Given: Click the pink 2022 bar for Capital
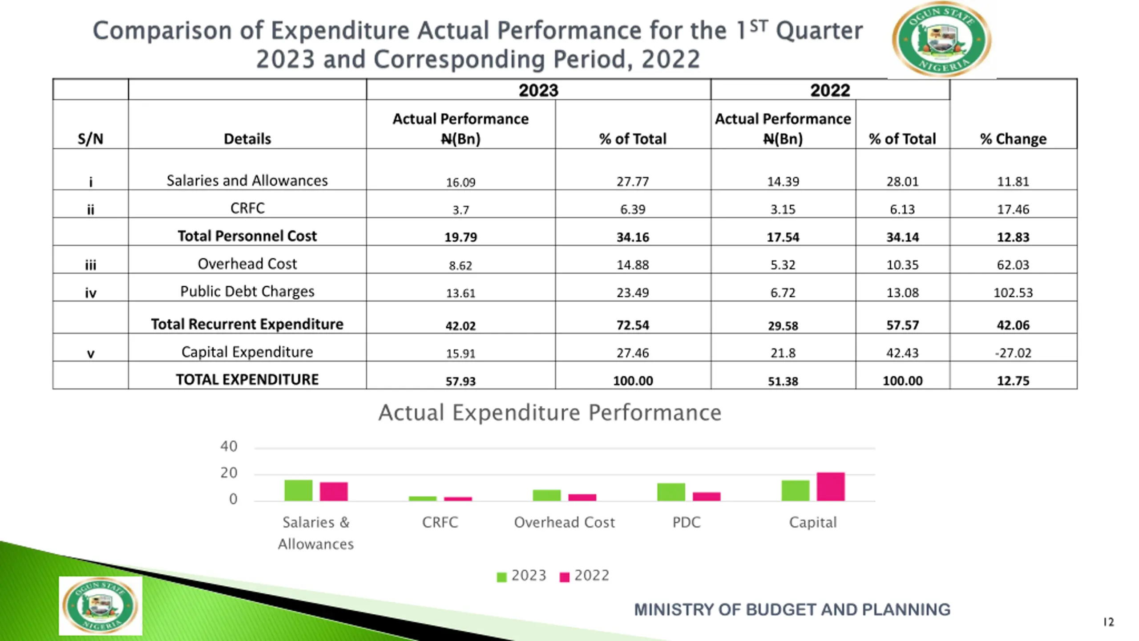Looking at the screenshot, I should (x=831, y=487).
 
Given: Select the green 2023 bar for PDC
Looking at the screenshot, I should (x=671, y=492).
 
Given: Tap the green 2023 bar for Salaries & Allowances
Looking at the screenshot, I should (x=298, y=490).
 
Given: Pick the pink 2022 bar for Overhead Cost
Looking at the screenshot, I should (x=582, y=497).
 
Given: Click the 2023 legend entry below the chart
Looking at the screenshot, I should (x=521, y=576).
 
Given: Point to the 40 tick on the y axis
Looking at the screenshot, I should (x=229, y=446).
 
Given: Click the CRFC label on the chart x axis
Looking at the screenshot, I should (x=440, y=522).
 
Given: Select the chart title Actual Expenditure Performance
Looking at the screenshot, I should (x=549, y=413).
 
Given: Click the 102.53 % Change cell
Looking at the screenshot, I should (x=1013, y=292).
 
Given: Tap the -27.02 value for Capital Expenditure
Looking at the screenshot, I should (x=1013, y=353).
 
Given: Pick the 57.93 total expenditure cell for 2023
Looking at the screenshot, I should (x=460, y=381).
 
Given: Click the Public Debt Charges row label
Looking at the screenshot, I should (x=247, y=292).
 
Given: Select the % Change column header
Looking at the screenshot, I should (x=1013, y=139).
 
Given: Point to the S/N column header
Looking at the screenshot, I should (x=90, y=139).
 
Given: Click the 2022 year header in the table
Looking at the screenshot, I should (x=830, y=90).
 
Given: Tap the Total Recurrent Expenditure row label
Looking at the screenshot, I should (x=247, y=324).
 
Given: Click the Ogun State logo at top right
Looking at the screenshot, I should (x=941, y=39).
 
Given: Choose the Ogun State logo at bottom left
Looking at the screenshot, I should (x=101, y=606).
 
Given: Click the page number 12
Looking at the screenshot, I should (x=1108, y=622).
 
